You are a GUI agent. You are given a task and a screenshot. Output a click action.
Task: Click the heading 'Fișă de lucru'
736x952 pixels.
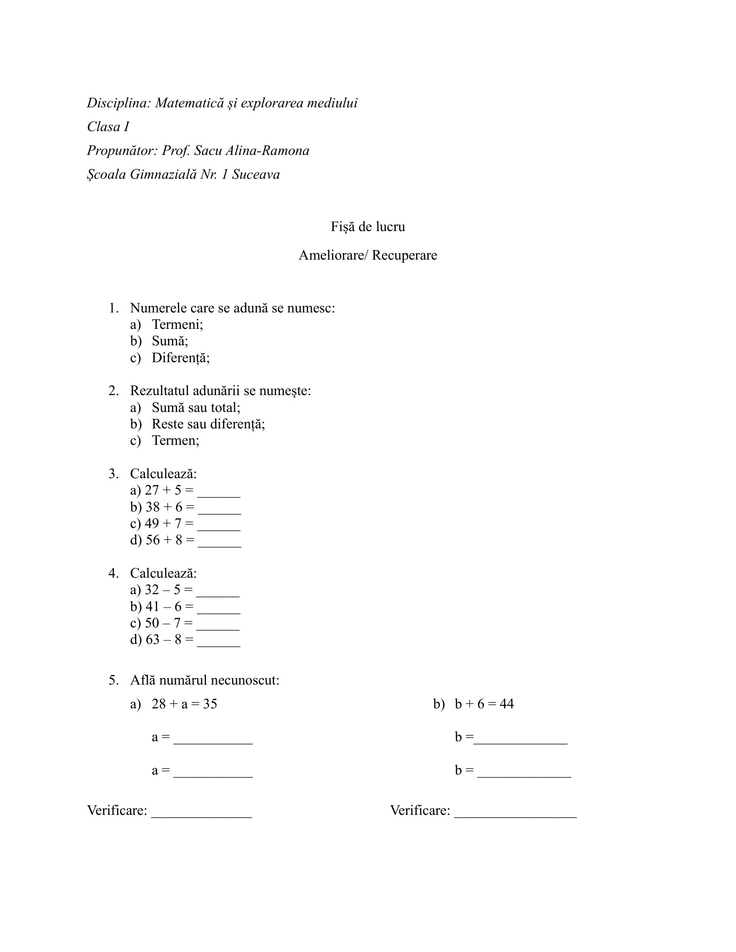[368, 227]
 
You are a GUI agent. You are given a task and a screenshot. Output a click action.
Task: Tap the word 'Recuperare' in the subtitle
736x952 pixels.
[404, 255]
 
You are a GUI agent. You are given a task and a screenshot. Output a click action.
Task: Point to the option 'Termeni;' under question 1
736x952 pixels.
[178, 324]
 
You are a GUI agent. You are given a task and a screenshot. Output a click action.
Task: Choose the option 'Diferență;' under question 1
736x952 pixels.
[181, 358]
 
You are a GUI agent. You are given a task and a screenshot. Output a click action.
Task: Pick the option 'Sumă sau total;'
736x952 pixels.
[196, 408]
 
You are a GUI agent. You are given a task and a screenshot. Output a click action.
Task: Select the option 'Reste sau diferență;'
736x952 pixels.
[208, 424]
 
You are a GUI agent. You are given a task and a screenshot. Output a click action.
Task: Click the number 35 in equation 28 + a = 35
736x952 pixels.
[210, 704]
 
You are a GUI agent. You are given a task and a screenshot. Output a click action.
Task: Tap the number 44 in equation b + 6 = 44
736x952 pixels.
[507, 704]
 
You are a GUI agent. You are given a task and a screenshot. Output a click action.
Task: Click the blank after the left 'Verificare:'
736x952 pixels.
[201, 814]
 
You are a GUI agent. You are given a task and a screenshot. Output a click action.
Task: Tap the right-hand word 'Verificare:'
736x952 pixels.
[420, 811]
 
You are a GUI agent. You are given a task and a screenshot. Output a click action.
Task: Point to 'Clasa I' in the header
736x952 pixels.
[108, 127]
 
